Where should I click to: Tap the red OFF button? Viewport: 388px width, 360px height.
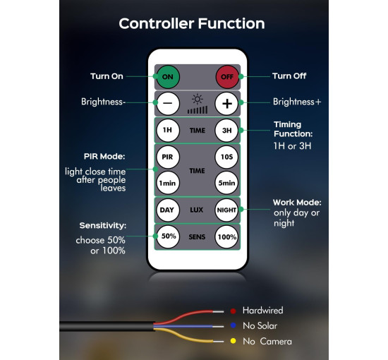pos(227,77)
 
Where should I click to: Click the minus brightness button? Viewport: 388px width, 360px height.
pos(168,103)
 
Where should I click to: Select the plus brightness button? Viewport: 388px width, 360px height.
pos(226,103)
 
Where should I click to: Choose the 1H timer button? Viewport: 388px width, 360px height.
pos(168,130)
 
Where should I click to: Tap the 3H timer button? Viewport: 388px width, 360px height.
pos(226,130)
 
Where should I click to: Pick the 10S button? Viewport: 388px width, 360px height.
pos(226,157)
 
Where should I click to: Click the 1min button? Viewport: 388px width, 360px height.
pos(168,183)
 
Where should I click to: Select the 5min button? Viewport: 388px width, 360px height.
pos(226,183)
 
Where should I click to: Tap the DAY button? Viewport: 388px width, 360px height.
pos(168,210)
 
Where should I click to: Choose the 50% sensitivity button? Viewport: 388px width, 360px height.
pos(168,236)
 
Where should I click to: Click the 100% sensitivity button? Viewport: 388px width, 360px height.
pos(226,237)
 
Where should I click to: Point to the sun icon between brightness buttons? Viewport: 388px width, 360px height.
pos(198,100)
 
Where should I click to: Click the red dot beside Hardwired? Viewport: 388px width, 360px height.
pos(233,311)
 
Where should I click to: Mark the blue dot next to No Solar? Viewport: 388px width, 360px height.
pos(233,325)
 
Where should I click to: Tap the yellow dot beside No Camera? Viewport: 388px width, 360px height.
pos(233,341)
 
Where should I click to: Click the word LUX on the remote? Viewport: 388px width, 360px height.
pos(197,210)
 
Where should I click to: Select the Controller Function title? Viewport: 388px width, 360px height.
pos(192,24)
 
